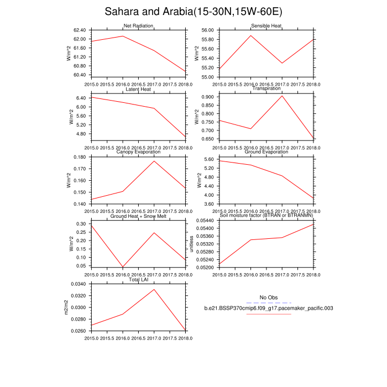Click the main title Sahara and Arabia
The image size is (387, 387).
pyautogui.click(x=193, y=12)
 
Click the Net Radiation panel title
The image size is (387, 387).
pyautogui.click(x=138, y=26)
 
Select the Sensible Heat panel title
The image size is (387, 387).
pyautogui.click(x=266, y=26)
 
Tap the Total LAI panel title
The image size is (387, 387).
pyautogui.click(x=138, y=280)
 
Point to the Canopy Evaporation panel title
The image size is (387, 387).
pyautogui.click(x=138, y=152)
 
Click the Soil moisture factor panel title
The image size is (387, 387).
pyautogui.click(x=266, y=216)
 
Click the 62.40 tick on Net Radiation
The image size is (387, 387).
pyautogui.click(x=79, y=30)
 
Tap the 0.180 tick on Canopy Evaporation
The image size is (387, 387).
pyautogui.click(x=79, y=157)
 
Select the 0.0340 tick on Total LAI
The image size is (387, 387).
pyautogui.click(x=78, y=284)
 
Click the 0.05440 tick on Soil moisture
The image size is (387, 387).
pyautogui.click(x=206, y=221)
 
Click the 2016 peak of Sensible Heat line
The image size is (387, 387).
pyautogui.click(x=251, y=35)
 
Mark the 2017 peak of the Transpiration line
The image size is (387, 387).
pyautogui.click(x=283, y=96)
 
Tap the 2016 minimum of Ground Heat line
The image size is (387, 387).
pyautogui.click(x=123, y=268)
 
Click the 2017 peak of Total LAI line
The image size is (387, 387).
pyautogui.click(x=154, y=289)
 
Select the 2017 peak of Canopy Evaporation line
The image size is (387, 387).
pyautogui.click(x=154, y=161)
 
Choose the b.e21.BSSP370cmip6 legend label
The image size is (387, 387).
pyautogui.click(x=268, y=308)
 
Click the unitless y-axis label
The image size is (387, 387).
pyautogui.click(x=192, y=243)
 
